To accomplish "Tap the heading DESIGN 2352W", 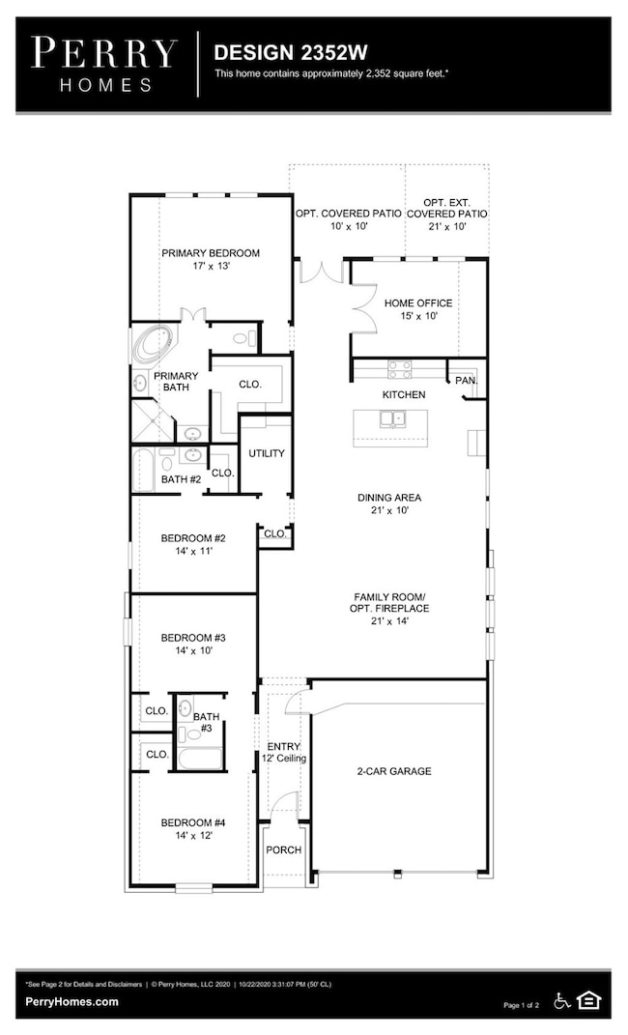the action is pos(290,52).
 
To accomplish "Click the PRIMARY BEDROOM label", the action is pos(211,253).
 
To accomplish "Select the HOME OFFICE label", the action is pos(418,303).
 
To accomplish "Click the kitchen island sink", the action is pos(393,418).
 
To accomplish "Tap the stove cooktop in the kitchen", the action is pos(399,369).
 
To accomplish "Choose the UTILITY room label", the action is pos(267,453).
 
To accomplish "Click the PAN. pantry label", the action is pos(467,381).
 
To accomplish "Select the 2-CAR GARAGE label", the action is pos(394,771).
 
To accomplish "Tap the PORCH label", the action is pos(284,850).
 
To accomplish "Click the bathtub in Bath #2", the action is pos(143,471).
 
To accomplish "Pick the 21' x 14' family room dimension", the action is pos(390,621).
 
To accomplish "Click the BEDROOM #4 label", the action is pos(193,822).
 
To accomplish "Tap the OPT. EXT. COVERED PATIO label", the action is pos(447,208).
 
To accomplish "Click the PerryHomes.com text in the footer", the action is pos(71,1001).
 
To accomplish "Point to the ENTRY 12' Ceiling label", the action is pos(284,753).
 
